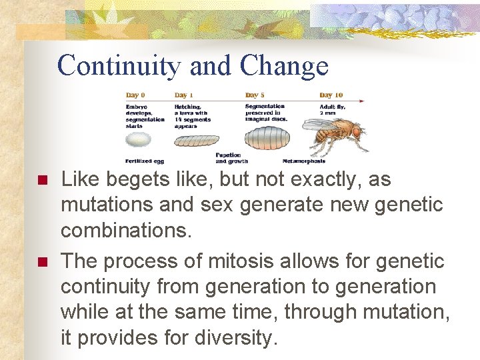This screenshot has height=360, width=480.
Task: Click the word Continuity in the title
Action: [119, 66]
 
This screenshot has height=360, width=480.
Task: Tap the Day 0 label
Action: [135, 95]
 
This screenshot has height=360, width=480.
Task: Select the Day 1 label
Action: [185, 95]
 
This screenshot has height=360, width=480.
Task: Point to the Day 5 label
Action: [255, 95]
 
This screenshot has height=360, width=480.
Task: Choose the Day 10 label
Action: [331, 95]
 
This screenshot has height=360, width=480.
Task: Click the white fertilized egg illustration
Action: [139, 139]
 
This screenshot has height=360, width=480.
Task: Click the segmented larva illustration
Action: [196, 141]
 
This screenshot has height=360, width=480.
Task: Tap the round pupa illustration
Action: [266, 139]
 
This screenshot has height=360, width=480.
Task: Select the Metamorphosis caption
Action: [305, 161]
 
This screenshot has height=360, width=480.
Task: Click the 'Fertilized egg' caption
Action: [145, 161]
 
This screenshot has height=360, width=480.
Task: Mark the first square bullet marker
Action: [41, 181]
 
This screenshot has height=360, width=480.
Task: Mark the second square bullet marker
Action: [41, 262]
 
